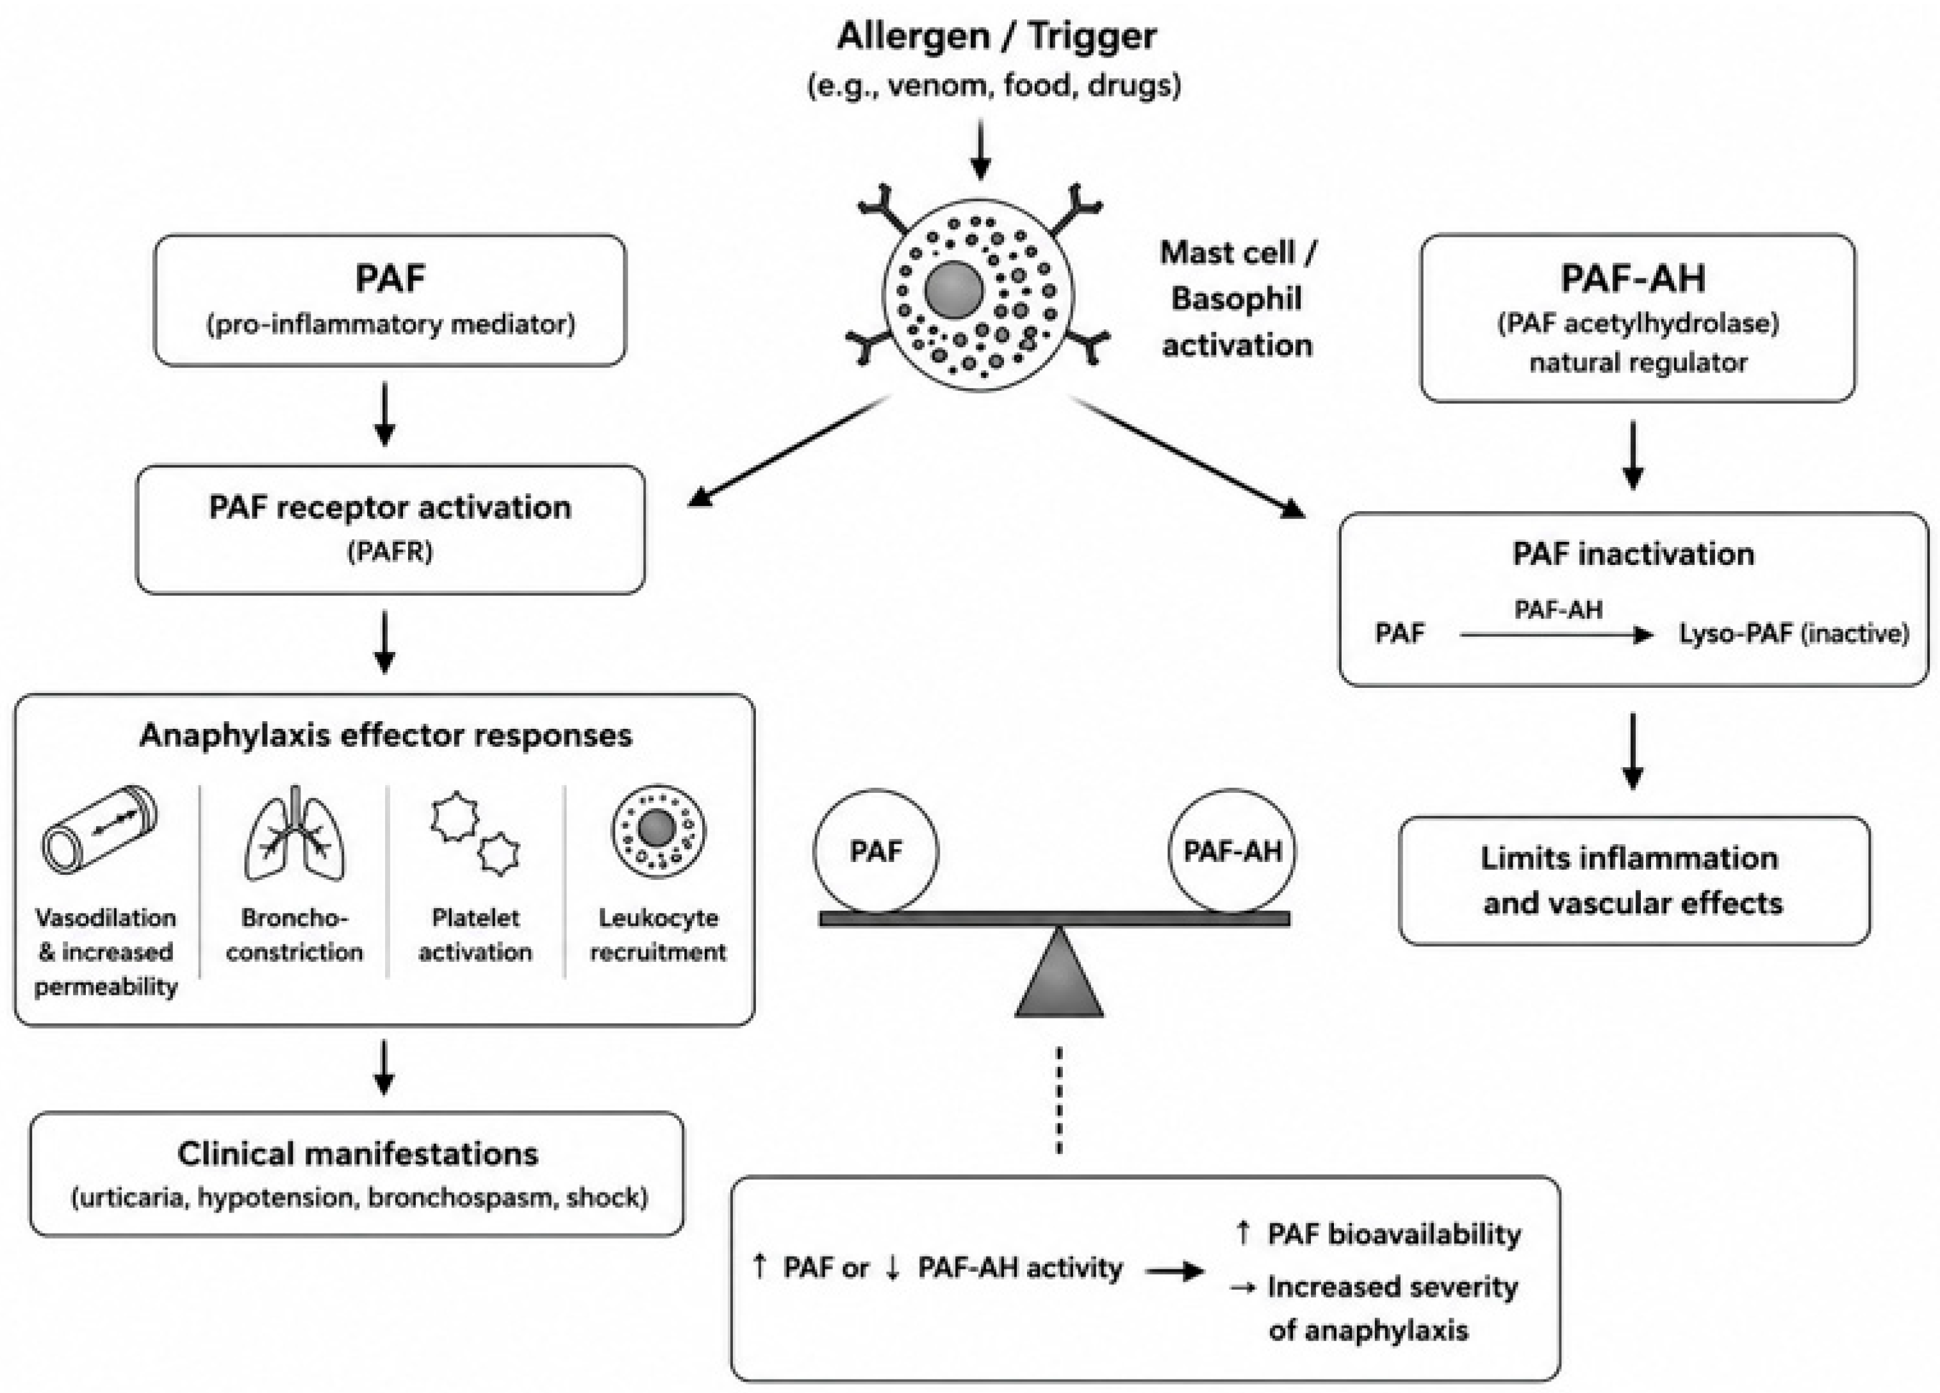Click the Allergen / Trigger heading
(x=996, y=37)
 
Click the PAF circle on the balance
(x=875, y=851)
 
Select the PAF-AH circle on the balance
(x=1232, y=851)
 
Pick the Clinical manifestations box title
(x=358, y=1153)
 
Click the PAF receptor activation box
(x=390, y=529)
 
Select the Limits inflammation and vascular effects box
(x=1634, y=880)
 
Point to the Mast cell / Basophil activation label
(x=1237, y=299)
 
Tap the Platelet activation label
(x=475, y=934)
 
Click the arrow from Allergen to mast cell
(x=980, y=150)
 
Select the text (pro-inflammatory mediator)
(x=390, y=325)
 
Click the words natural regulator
(x=1638, y=363)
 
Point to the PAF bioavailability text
(x=1394, y=1234)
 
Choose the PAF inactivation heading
(x=1633, y=554)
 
